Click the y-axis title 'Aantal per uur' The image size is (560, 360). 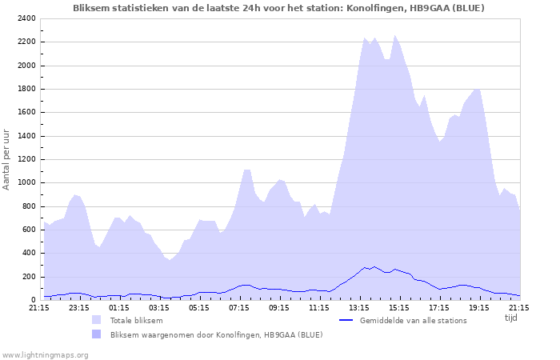click(7, 159)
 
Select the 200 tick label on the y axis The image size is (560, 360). click(27, 277)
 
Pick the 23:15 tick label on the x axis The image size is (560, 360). click(78, 307)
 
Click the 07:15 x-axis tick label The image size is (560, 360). click(238, 307)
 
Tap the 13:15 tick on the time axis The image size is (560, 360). click(358, 307)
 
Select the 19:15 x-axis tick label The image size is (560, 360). click(478, 307)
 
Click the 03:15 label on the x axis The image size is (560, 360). click(158, 307)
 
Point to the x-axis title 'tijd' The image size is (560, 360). click(510, 318)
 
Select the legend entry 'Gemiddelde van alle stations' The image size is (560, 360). click(413, 321)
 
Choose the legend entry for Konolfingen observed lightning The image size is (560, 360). click(216, 334)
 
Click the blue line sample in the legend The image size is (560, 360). click(346, 321)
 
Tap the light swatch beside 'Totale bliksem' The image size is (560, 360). click(96, 321)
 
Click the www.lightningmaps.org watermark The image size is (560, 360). click(45, 354)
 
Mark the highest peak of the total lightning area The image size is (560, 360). click(394, 35)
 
